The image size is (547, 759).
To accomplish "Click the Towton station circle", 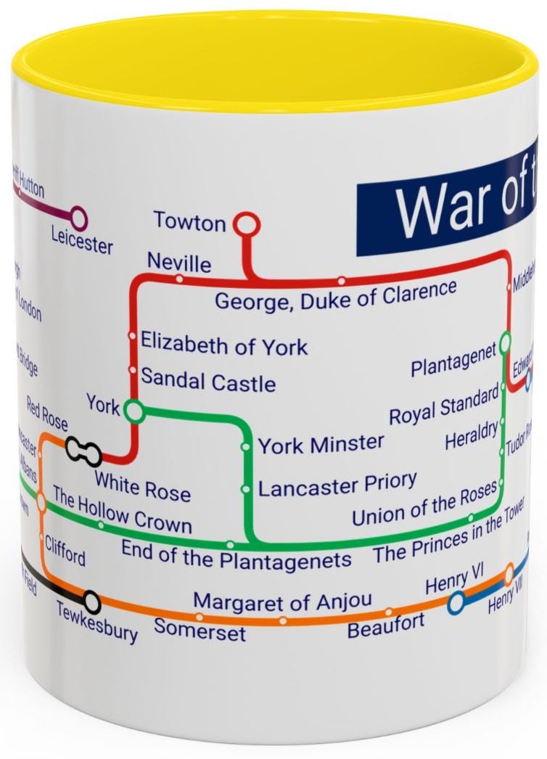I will click(x=247, y=224).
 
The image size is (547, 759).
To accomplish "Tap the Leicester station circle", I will click(x=78, y=216).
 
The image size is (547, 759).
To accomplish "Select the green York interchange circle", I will click(x=133, y=411).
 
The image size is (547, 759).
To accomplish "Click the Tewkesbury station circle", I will click(x=92, y=601).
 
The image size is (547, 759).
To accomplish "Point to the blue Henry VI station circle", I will click(x=456, y=602).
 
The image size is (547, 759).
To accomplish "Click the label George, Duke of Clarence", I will click(x=335, y=295).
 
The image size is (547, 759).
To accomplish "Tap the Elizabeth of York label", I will click(x=224, y=344).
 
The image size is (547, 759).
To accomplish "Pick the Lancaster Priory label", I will click(x=337, y=485).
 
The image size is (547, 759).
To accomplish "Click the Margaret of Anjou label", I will click(x=282, y=602).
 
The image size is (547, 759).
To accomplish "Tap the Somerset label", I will click(x=200, y=629).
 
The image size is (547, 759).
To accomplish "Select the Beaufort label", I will click(x=386, y=625).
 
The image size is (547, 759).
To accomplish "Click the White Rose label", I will click(x=142, y=486).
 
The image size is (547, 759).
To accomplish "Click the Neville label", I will click(x=179, y=262).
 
